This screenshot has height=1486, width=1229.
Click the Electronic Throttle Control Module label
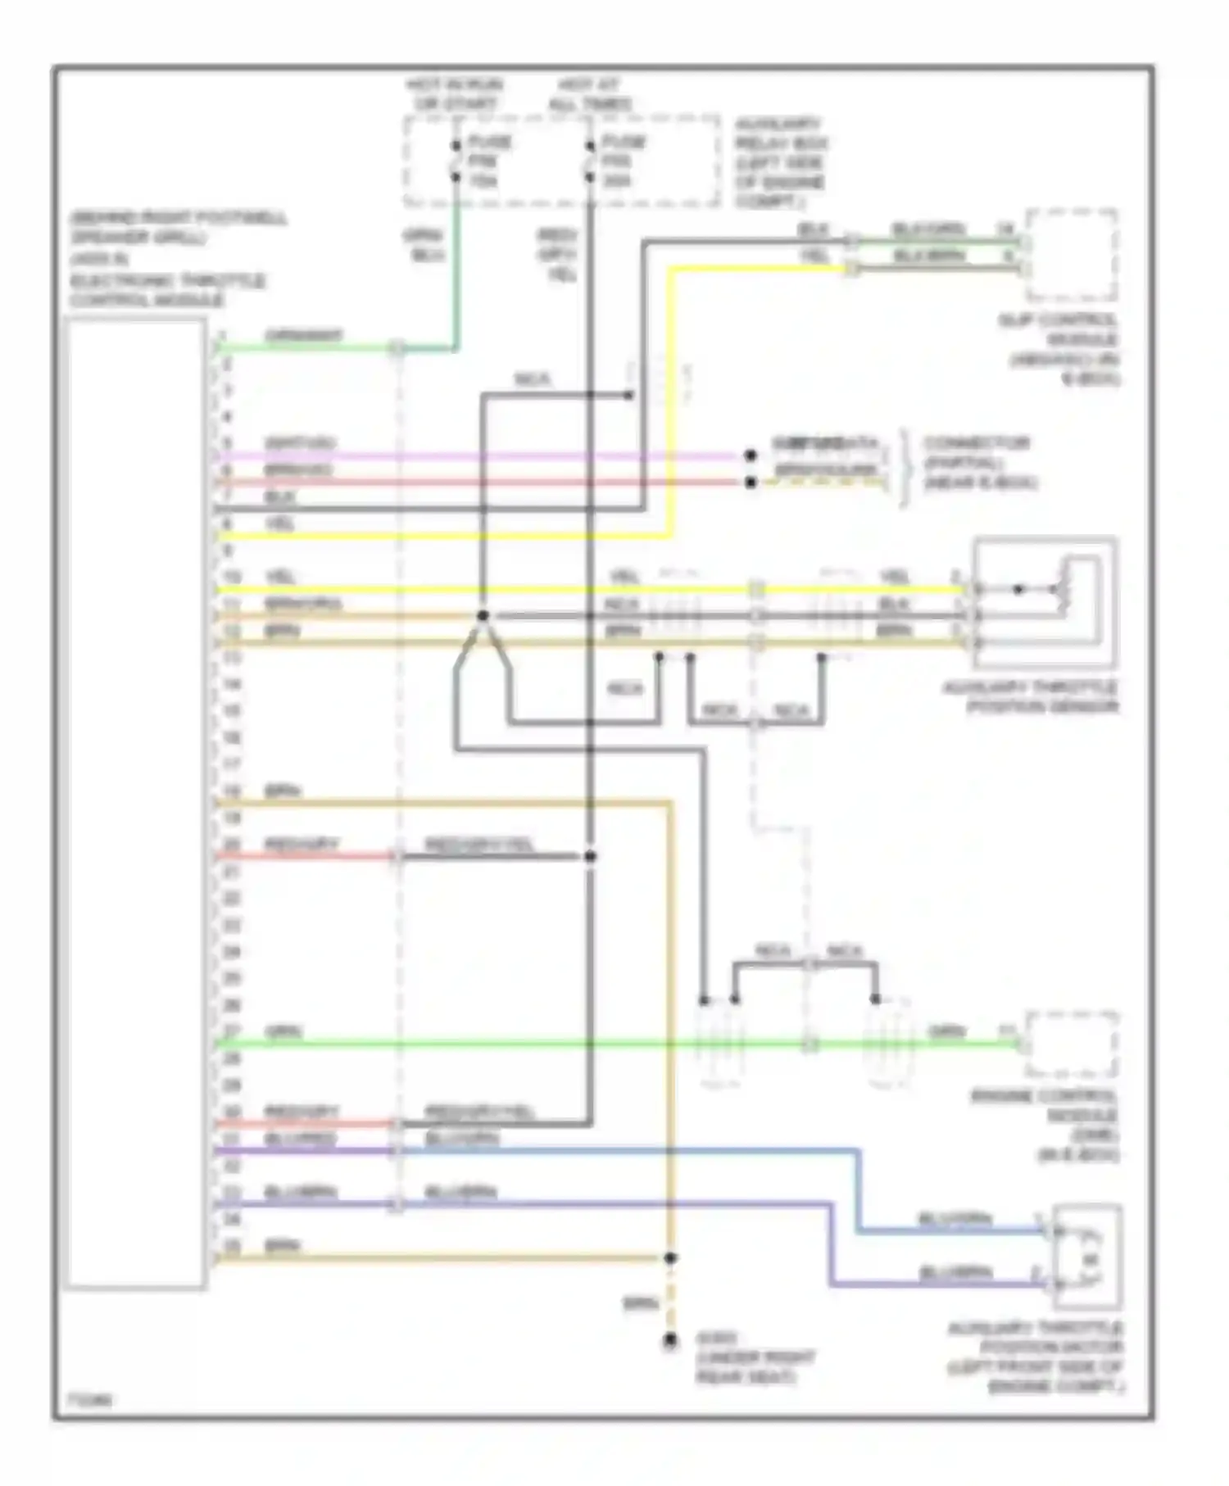[x=168, y=290]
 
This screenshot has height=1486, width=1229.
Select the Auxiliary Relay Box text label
[x=781, y=163]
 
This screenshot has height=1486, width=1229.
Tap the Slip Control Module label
[x=1058, y=349]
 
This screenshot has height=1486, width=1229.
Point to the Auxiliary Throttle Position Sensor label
[x=1030, y=697]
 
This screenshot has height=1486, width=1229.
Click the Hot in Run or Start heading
[x=455, y=94]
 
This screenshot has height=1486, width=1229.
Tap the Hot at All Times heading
[x=590, y=94]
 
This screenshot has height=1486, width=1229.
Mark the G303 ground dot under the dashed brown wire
[x=670, y=1341]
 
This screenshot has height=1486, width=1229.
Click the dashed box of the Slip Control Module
[x=1072, y=255]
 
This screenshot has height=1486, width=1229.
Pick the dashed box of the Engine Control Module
[x=1072, y=1044]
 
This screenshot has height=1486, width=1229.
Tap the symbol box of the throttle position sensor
[x=1045, y=602]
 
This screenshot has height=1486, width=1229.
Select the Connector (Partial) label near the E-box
[x=980, y=463]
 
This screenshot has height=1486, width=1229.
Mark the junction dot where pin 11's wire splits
[x=483, y=615]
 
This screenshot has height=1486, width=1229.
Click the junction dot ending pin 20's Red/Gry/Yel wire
[x=590, y=857]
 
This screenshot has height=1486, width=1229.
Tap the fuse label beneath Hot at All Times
[x=624, y=161]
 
